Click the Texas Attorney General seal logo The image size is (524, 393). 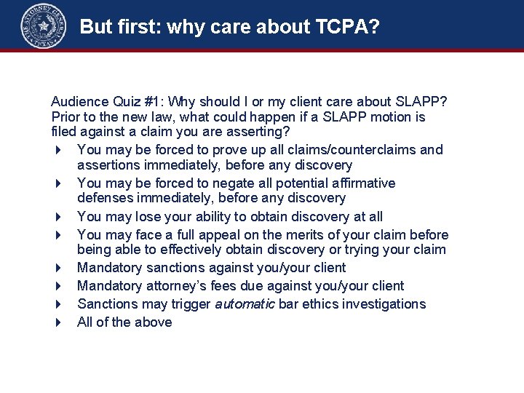44,25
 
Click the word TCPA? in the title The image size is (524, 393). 347,27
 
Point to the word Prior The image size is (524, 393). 66,116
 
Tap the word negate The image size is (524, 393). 218,183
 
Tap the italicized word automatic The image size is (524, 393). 245,303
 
